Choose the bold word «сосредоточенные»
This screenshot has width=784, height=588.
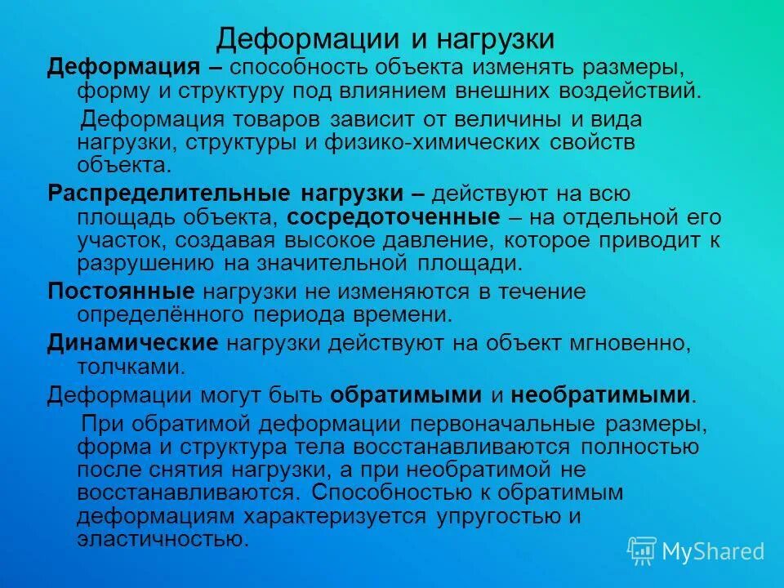(394, 218)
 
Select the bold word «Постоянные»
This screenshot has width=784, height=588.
(121, 292)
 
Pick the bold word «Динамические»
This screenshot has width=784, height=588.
(133, 342)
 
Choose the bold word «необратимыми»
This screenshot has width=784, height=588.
(601, 395)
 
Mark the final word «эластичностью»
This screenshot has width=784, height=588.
(161, 540)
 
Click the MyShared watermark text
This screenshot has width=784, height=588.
(712, 552)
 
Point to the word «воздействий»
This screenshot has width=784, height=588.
(629, 89)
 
